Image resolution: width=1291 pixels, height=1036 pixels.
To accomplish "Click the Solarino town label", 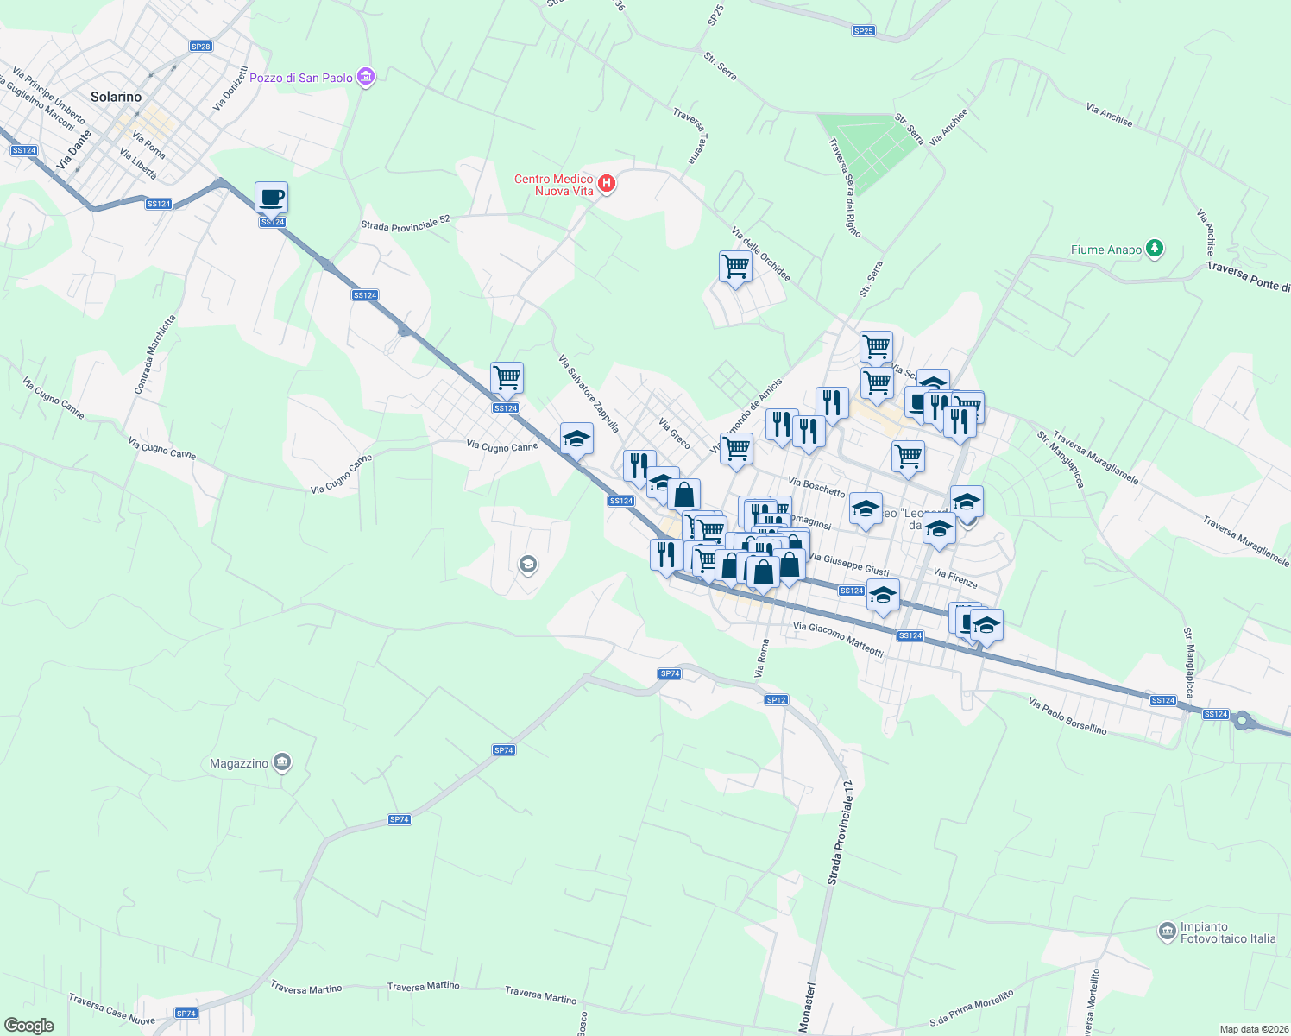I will [116, 97].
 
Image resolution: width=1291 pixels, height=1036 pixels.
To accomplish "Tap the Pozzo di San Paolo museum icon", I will [366, 78].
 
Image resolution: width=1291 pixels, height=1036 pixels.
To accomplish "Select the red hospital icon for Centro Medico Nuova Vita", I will [607, 183].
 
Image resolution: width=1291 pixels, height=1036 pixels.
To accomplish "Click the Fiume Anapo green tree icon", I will [1155, 250].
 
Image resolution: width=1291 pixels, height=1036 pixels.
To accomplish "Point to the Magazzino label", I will [239, 763].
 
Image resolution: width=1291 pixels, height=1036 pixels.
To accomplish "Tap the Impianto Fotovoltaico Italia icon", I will [1168, 932].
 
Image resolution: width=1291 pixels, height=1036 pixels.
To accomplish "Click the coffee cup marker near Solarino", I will [271, 198].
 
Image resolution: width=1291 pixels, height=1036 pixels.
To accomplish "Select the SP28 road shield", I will [200, 47].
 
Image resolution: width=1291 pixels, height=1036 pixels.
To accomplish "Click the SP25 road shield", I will [863, 31].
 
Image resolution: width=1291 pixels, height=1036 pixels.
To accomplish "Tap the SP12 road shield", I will [776, 700].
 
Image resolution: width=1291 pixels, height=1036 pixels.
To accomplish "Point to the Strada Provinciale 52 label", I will [406, 223].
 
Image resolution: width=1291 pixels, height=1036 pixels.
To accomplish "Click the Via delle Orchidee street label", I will [760, 254].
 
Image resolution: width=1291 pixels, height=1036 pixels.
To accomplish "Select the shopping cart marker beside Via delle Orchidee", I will [735, 267].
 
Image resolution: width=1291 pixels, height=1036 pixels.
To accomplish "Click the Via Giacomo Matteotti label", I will [838, 640].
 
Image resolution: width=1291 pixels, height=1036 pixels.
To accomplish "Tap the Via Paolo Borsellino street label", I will [1067, 717].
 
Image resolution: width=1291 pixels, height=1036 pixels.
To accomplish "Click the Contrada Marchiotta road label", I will [154, 355].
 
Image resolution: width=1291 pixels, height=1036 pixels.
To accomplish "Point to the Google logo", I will [28, 1026].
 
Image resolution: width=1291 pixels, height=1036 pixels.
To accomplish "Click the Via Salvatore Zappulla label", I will [589, 394].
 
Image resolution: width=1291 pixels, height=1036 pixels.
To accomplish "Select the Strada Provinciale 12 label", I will [840, 832].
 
